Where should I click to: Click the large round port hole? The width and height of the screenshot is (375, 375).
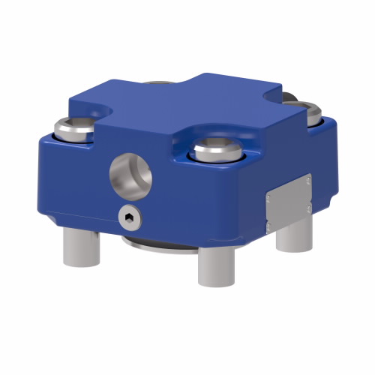pos(131,173)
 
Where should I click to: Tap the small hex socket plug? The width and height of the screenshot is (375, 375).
pos(129,217)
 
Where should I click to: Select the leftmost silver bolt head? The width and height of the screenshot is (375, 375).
pos(75,128)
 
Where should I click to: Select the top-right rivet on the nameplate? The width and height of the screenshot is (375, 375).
pos(307,179)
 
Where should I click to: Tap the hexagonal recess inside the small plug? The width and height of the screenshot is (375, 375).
pos(129,217)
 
